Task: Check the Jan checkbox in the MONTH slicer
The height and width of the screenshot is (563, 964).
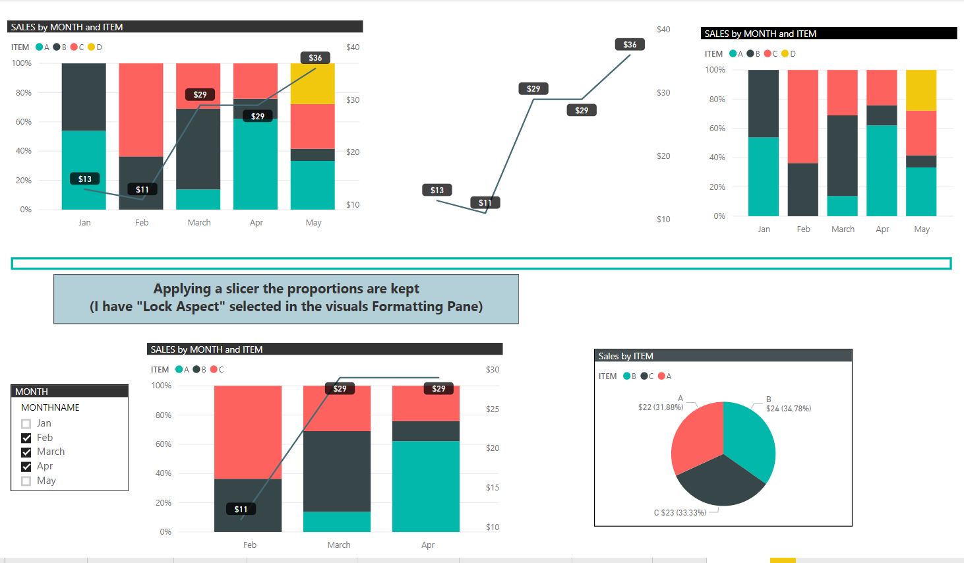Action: pos(26,424)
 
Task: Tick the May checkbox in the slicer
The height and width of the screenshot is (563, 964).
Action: pos(26,481)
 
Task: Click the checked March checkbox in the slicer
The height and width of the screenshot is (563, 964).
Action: pos(26,452)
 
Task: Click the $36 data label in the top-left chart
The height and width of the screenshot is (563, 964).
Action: pos(315,58)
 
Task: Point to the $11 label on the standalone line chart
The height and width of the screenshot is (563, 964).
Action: pos(485,203)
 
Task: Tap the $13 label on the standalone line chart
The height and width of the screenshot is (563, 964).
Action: pos(437,191)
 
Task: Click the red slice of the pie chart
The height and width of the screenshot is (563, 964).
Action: pos(696,435)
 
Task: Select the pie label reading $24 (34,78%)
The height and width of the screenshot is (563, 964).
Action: pos(789,409)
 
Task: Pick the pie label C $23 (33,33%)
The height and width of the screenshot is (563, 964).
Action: pos(680,512)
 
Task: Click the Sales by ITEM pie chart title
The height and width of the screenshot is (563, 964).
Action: pos(626,356)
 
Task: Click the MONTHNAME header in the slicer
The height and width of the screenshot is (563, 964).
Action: pos(50,407)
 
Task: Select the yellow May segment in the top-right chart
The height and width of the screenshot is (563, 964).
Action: pos(921,90)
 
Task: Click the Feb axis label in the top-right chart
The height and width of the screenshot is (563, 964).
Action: pos(803,229)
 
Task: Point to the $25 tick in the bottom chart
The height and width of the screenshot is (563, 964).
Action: pos(493,409)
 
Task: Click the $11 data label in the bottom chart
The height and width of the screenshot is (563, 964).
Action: pos(241,509)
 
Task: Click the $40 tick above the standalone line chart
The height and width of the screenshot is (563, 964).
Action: pos(663,30)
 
